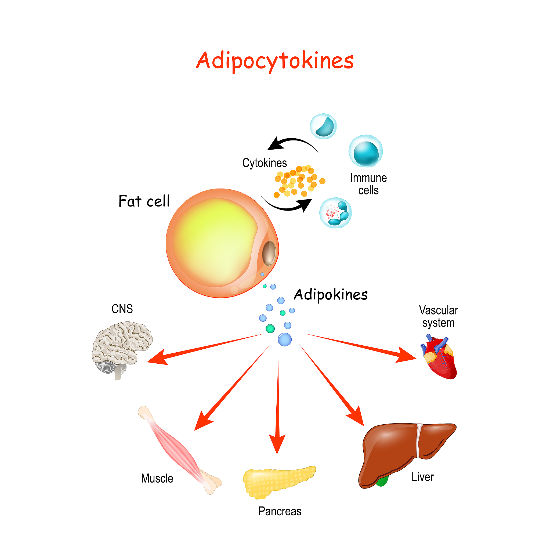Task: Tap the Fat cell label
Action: pos(144,201)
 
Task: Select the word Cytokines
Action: pos(265,163)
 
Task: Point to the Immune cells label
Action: pos(368,184)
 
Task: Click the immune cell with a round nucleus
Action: pos(366,151)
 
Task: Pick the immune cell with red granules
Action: pos(335,213)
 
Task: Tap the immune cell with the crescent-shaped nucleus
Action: pos(323,126)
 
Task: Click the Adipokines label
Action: pos(331,295)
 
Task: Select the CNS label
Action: pos(122,309)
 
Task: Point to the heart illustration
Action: pos(440,357)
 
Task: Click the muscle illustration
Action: pos(179,450)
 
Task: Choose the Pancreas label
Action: pos(280,512)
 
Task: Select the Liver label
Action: pos(422,477)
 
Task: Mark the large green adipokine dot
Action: pos(270,329)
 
